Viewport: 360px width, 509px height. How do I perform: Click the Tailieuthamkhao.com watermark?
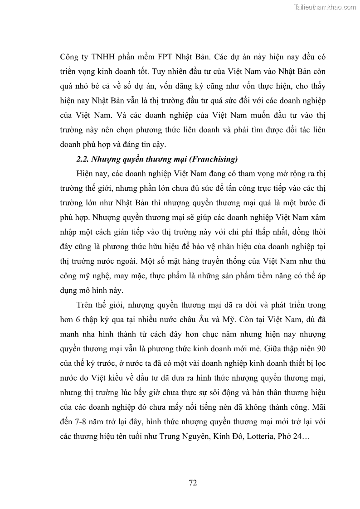(x=325, y=7)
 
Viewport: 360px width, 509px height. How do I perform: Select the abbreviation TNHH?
(x=105, y=58)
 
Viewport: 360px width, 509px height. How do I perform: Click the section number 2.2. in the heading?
(x=83, y=159)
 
